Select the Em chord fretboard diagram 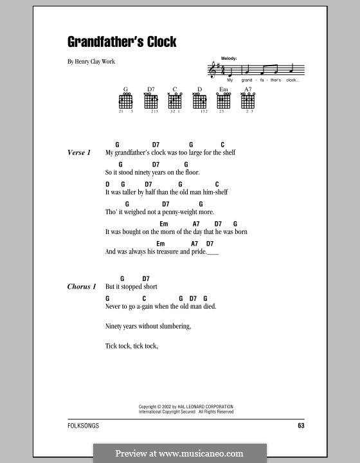click(x=224, y=101)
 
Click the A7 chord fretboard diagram click(x=248, y=101)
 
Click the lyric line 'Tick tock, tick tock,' click(x=131, y=346)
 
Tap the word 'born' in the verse click(x=240, y=232)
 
